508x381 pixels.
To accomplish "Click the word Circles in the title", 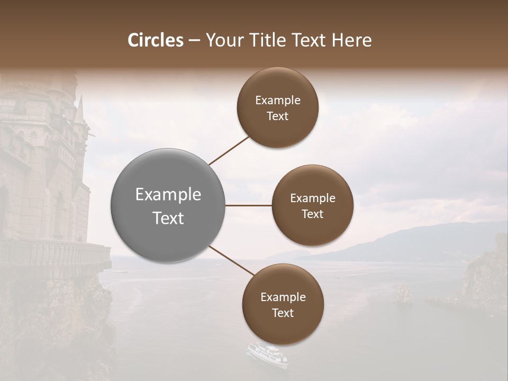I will tap(156, 40).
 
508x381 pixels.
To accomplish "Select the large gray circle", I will tap(168, 205).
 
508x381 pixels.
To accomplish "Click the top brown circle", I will tap(277, 107).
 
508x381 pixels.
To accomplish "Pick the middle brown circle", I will tap(312, 205).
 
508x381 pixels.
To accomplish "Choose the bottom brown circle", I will tap(283, 304).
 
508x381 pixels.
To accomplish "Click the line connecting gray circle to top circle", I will tap(229, 151).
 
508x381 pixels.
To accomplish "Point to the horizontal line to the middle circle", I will tap(248, 205).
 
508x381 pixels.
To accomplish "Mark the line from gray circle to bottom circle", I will tap(232, 261).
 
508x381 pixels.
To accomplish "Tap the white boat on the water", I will tap(267, 355).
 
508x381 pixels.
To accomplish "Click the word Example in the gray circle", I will tap(168, 195).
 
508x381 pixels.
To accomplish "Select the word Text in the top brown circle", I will tap(277, 116).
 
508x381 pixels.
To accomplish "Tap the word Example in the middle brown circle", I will tap(312, 198).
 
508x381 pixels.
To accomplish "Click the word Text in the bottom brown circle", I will tap(283, 313).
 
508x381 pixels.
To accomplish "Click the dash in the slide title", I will tap(194, 41).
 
